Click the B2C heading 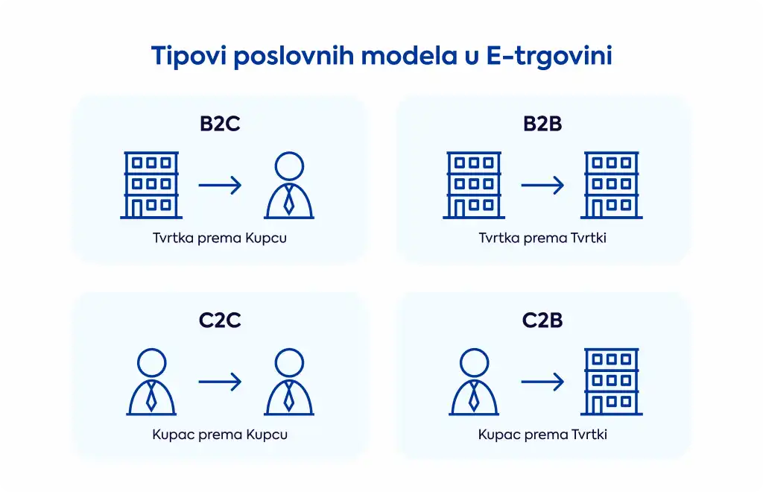click(x=220, y=124)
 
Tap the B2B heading click(x=542, y=124)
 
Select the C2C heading click(x=220, y=321)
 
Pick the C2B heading click(x=542, y=321)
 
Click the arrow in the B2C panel click(x=220, y=185)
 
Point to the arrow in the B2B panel click(x=542, y=185)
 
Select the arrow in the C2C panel click(x=220, y=382)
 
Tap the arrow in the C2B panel click(x=542, y=382)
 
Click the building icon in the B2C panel click(x=151, y=185)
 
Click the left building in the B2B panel click(x=474, y=185)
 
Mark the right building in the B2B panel click(x=612, y=185)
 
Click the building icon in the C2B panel click(x=612, y=382)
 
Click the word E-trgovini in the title click(x=549, y=56)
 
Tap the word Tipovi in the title click(x=189, y=56)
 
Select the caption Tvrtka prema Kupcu click(x=220, y=238)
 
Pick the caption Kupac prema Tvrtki click(x=542, y=435)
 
